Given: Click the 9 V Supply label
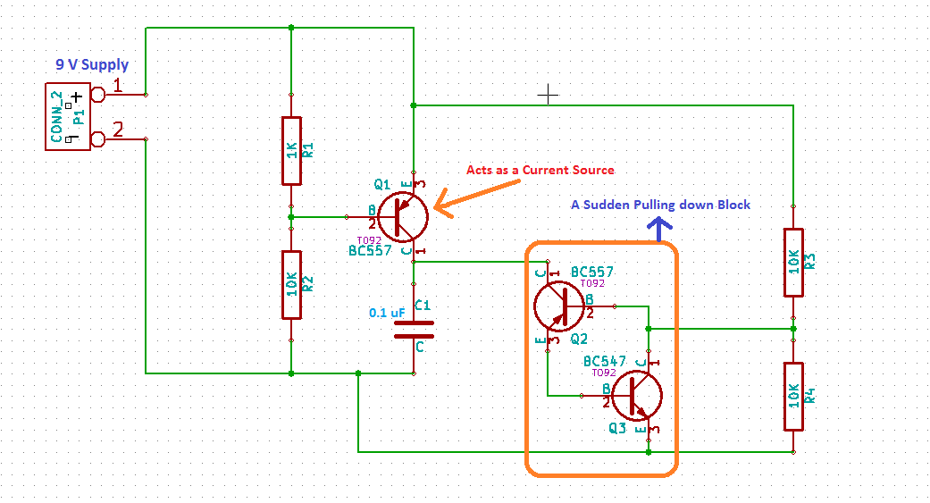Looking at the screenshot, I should (92, 65).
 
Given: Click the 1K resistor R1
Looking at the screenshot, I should (291, 150).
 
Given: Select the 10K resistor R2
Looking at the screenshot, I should (291, 284).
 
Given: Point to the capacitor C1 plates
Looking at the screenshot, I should (414, 329).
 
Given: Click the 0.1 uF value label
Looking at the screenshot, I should (387, 313).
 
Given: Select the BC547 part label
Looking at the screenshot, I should (605, 361).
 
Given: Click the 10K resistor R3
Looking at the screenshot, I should (792, 262).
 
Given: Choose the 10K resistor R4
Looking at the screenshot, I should (792, 396).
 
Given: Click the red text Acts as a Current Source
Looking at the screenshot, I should (540, 170).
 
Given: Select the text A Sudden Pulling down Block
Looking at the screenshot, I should (660, 205).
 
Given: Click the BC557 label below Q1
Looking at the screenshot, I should (371, 251).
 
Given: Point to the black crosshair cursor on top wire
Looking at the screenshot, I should (548, 93).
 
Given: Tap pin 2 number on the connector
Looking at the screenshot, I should (118, 129).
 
